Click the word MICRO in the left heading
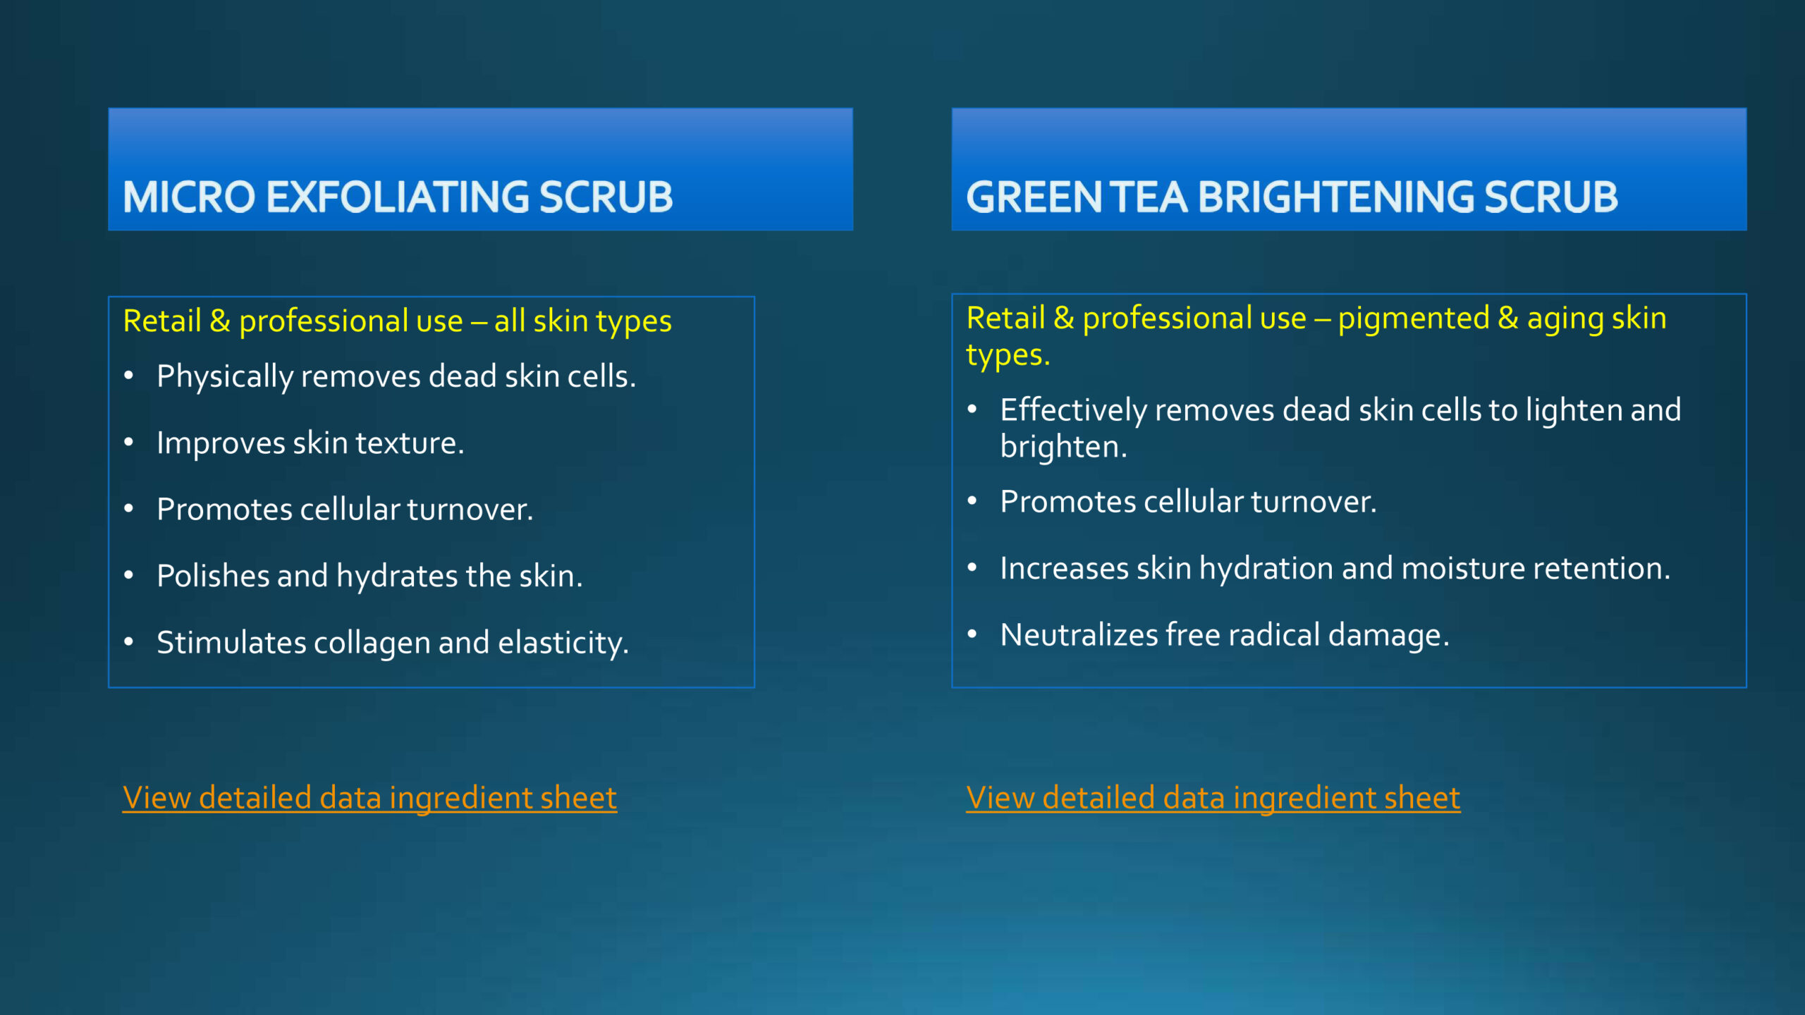click(x=189, y=197)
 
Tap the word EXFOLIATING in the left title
click(x=398, y=197)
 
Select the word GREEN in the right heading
click(x=1034, y=197)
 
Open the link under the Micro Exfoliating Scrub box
click(x=369, y=799)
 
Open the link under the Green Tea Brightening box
click(x=1213, y=799)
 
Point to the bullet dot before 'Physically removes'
click(x=128, y=376)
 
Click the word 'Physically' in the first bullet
click(x=225, y=377)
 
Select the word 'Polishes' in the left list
click(x=213, y=576)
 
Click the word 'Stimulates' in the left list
click(x=231, y=643)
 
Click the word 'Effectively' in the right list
click(x=1074, y=411)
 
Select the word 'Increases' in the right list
click(x=1064, y=569)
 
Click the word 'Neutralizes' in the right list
click(x=1079, y=635)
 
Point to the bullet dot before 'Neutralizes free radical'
click(x=972, y=634)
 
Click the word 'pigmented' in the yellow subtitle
click(x=1413, y=319)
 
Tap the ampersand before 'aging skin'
click(x=1507, y=318)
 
